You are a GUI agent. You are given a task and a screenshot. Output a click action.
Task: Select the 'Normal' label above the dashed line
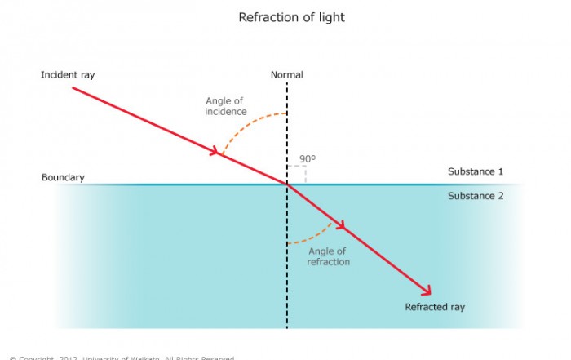tap(286, 75)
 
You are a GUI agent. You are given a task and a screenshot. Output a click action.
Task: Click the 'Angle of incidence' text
tap(226, 106)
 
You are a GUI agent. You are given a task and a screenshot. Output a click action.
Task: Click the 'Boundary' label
tap(63, 177)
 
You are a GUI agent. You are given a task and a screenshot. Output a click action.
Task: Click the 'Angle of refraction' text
tap(328, 256)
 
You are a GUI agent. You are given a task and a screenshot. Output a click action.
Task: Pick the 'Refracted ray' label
tap(435, 307)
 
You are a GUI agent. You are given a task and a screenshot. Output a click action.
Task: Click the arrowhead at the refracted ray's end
tap(426, 290)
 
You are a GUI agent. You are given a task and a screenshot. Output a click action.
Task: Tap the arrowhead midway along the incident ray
tap(218, 151)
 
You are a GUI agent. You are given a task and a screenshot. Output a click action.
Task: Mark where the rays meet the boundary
tap(287, 184)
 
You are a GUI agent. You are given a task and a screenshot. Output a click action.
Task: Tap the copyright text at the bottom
tap(122, 358)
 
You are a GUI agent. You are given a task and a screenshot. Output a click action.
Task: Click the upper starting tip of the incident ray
tap(73, 87)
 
